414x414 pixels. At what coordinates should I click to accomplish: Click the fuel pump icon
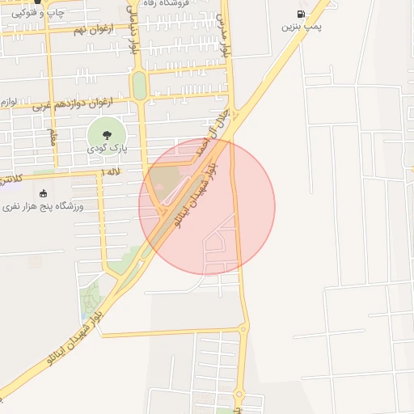point(301,14)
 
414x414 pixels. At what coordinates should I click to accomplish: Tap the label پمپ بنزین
point(301,27)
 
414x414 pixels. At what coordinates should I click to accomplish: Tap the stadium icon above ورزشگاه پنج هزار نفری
point(43,193)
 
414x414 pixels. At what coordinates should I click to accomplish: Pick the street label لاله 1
point(112,172)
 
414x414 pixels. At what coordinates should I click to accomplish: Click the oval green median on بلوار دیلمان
point(140,87)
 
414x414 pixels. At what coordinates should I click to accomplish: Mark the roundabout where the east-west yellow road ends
point(243,327)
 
